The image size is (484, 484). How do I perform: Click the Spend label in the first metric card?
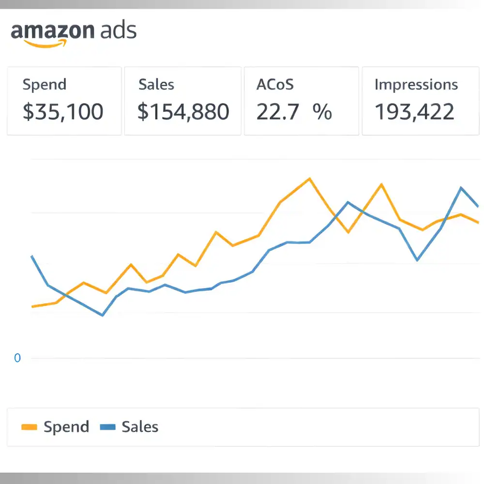coord(45,85)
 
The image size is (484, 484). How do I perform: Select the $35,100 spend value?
coord(63,112)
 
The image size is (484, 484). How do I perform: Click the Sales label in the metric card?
coord(156,85)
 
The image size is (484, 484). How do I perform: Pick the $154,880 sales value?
coord(183,112)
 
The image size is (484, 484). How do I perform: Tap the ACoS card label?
coord(275,85)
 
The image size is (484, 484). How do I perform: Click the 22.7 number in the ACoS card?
coord(277,112)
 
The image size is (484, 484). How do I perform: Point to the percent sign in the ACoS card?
coord(322,112)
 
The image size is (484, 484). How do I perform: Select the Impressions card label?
coord(416,85)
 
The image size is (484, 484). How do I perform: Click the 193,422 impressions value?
coord(415,112)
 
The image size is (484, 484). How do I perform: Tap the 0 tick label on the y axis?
coord(17,359)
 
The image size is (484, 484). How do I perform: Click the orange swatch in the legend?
coord(30,427)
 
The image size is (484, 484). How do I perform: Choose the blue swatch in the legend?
coord(107,427)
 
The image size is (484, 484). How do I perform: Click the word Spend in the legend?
coord(66,427)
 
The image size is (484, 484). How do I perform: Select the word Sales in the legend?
coord(140,427)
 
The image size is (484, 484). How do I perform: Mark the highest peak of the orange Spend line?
coord(309,179)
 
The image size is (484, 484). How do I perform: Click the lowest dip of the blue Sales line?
coord(103,316)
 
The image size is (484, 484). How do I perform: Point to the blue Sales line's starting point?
coord(32,256)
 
